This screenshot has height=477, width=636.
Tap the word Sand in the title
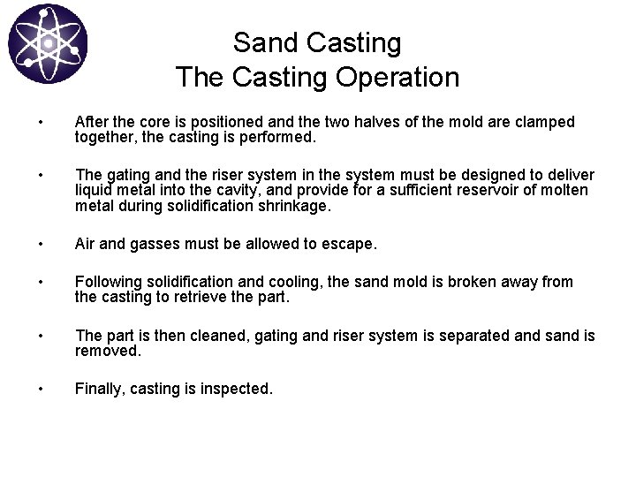261,42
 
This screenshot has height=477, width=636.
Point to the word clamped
544,121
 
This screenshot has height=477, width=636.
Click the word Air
87,243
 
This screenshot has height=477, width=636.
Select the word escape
352,243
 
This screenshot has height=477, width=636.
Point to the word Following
109,282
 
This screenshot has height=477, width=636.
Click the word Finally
99,390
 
